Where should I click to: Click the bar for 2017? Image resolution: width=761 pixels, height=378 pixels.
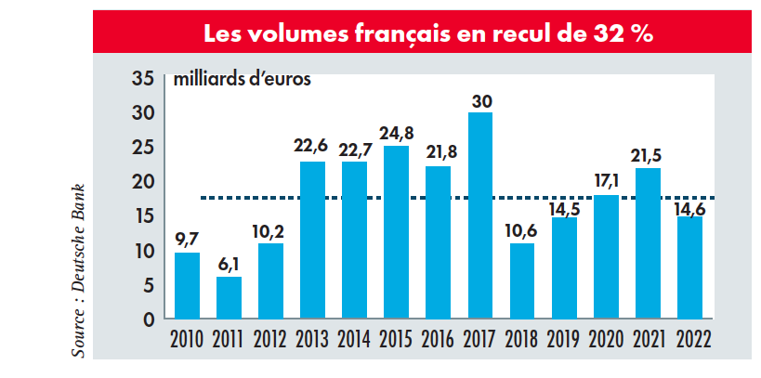(479, 215)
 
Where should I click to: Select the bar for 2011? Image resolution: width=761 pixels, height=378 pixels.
(229, 297)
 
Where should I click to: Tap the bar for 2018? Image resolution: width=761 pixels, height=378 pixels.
(521, 280)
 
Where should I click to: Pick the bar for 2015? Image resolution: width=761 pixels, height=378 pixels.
(396, 232)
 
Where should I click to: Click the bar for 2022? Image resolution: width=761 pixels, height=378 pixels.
(689, 267)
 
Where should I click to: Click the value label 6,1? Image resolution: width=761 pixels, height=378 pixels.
(229, 264)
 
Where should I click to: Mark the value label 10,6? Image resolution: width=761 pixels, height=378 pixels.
(521, 230)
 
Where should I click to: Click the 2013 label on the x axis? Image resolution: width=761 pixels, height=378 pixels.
(312, 337)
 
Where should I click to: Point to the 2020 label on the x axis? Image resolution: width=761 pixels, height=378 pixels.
(605, 337)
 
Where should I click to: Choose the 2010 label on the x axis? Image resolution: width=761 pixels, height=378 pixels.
(187, 337)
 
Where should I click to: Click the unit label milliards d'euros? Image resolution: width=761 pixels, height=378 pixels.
(242, 78)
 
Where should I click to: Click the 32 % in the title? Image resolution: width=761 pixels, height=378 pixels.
(622, 34)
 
